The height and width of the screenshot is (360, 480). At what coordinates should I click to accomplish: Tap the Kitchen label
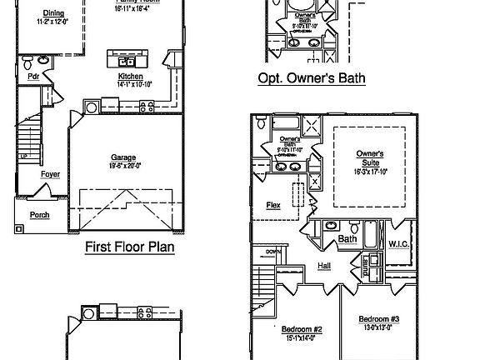[x=129, y=77]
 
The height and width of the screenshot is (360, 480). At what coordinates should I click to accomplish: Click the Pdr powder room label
[x=34, y=77]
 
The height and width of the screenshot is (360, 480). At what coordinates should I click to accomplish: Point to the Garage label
[x=124, y=157]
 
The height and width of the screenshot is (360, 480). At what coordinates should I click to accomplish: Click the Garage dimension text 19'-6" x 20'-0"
[x=124, y=165]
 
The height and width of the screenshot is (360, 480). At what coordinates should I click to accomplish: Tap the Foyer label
[x=50, y=174]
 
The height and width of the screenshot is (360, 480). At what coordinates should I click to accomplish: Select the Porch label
[x=39, y=215]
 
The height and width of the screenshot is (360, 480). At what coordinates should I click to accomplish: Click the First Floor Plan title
[x=129, y=247]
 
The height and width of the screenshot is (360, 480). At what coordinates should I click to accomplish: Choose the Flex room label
[x=272, y=204]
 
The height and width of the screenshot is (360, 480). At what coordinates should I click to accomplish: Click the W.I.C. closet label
[x=397, y=243]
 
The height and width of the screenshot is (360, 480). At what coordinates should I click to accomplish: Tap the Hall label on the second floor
[x=324, y=266]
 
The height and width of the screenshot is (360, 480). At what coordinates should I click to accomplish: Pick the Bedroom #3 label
[x=379, y=319]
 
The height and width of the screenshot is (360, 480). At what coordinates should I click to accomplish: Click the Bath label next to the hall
[x=348, y=240]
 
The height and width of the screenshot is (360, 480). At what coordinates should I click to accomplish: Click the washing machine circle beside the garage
[x=91, y=107]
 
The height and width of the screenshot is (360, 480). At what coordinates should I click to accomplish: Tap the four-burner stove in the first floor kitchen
[x=147, y=105]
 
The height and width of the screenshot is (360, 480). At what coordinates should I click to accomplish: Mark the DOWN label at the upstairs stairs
[x=272, y=252]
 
